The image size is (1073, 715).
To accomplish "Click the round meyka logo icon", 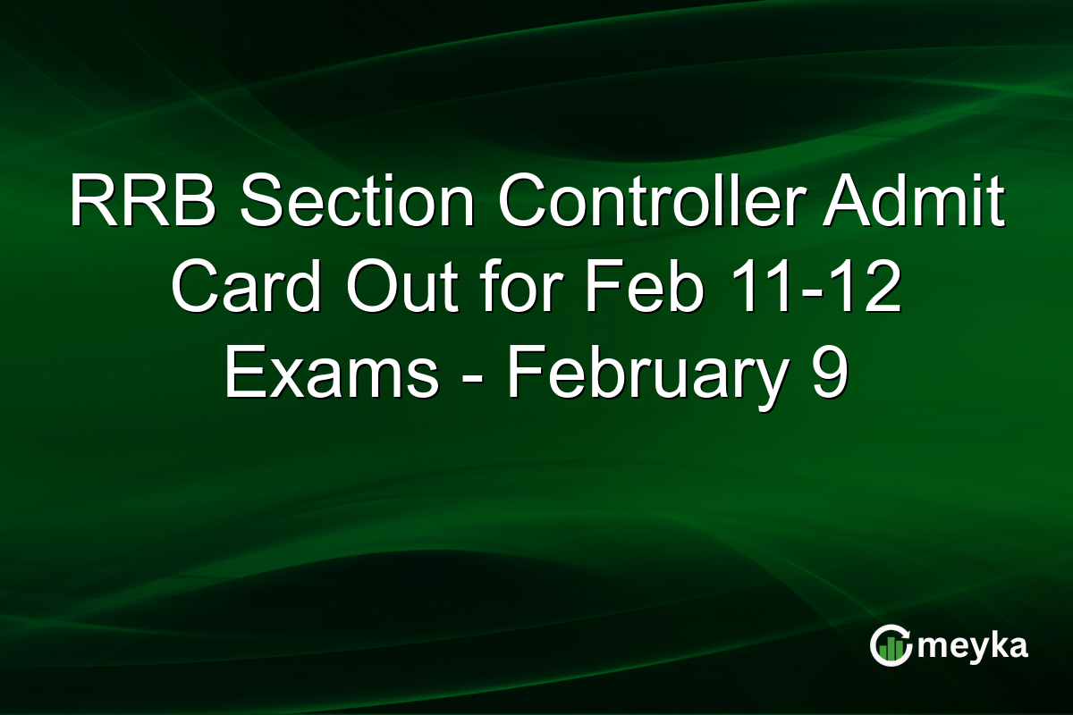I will tap(891, 646).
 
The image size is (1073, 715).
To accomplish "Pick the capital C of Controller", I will tap(525, 203).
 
